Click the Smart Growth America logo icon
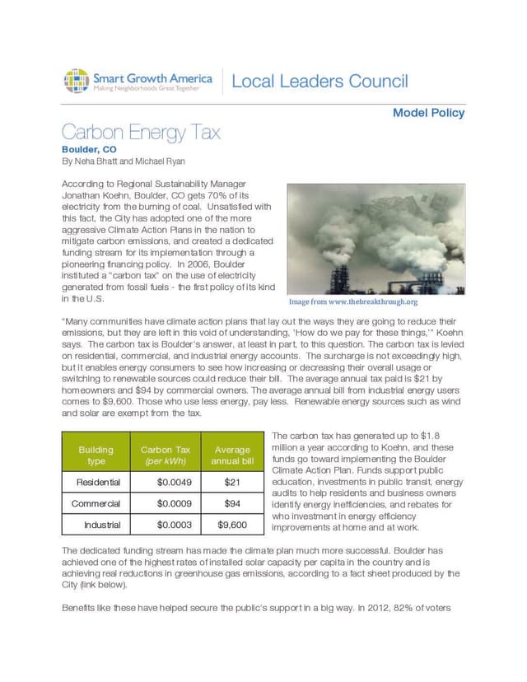pyautogui.click(x=76, y=82)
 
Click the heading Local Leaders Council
pyautogui.click(x=319, y=82)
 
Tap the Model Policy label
pyautogui.click(x=428, y=113)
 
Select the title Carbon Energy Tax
pyautogui.click(x=141, y=133)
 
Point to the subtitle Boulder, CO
pyautogui.click(x=89, y=149)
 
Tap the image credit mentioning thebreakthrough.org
pyautogui.click(x=352, y=301)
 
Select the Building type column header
pyautogui.click(x=96, y=455)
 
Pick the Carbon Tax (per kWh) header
pyautogui.click(x=166, y=455)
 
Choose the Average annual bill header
pyautogui.click(x=232, y=455)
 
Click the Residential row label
pyautogui.click(x=98, y=482)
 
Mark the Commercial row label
pyautogui.click(x=96, y=503)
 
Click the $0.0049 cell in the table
pyautogui.click(x=175, y=482)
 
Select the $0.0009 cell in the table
pyautogui.click(x=175, y=503)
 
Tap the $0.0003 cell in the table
pyautogui.click(x=175, y=525)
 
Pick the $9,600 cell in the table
pyautogui.click(x=232, y=525)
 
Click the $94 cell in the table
pyautogui.click(x=232, y=503)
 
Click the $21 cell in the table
pyautogui.click(x=232, y=482)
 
